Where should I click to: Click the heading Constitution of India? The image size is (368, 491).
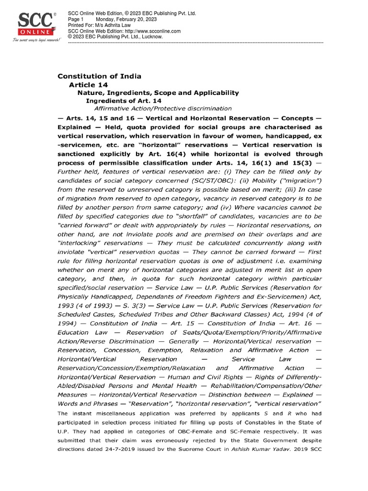point(100,76)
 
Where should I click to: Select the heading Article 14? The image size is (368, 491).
point(89,84)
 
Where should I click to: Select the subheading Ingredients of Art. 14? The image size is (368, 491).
point(123,101)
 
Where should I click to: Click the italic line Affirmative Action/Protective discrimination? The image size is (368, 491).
point(163,109)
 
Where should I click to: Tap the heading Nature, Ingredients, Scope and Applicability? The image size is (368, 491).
point(158,93)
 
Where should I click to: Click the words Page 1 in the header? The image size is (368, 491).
point(76,19)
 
